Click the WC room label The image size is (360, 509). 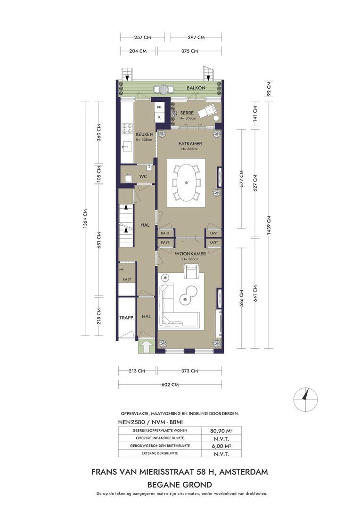point(143,176)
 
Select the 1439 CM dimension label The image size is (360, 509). point(269,225)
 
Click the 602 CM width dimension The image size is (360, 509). point(170,385)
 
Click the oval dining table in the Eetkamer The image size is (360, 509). point(186,182)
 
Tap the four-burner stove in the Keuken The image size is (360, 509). point(126,129)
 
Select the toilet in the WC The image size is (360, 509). point(128,178)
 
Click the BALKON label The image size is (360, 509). point(196,88)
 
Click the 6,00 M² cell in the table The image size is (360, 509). point(221,446)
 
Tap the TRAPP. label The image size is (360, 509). point(127,318)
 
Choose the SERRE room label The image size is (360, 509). point(187,113)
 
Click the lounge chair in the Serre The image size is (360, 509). point(206,111)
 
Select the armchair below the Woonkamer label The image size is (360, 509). point(193,272)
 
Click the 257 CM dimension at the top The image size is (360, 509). point(142,37)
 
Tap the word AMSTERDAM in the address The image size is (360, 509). point(244,472)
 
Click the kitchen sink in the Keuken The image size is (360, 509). point(127,148)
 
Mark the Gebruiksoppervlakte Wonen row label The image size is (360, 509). point(160,430)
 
